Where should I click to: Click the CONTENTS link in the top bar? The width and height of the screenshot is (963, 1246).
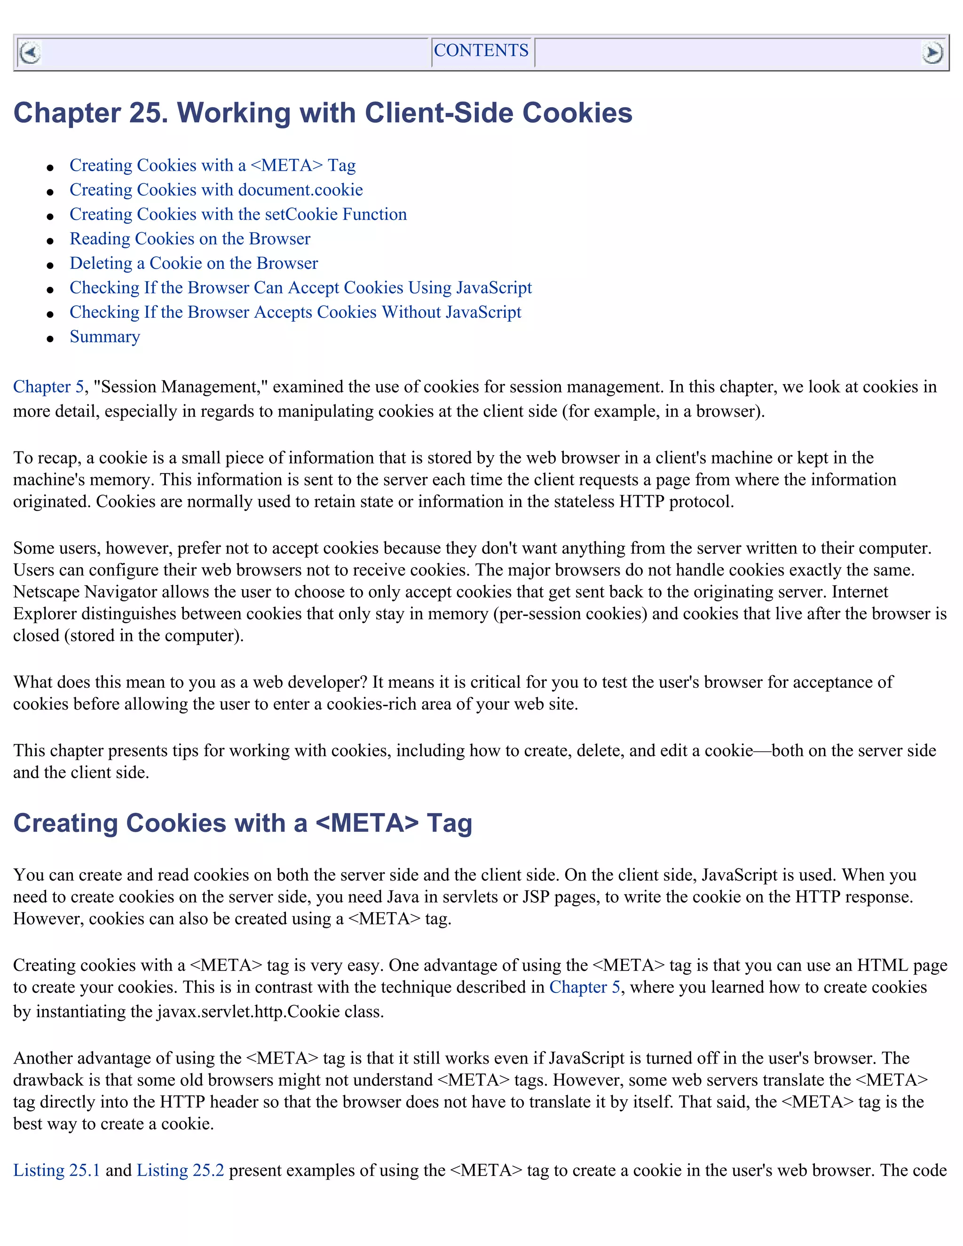[x=481, y=51]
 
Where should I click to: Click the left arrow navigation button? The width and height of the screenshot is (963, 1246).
[x=30, y=53]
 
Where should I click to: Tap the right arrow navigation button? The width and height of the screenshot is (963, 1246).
[x=931, y=53]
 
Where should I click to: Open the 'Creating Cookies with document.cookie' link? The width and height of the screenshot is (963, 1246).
[x=216, y=190]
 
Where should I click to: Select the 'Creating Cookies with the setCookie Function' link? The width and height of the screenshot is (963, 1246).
[x=238, y=214]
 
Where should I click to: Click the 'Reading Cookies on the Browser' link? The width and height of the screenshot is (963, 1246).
[x=190, y=239]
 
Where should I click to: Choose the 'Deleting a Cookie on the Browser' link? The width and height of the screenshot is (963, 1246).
[x=193, y=264]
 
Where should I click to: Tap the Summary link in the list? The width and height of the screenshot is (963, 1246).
[x=104, y=337]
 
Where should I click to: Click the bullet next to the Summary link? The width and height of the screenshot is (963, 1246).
[x=50, y=339]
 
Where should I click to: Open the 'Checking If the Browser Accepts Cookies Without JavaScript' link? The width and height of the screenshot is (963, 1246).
[x=295, y=313]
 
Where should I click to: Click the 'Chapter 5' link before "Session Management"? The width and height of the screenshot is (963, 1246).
[x=48, y=387]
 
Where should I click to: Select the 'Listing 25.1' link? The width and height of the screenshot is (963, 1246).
[x=56, y=1170]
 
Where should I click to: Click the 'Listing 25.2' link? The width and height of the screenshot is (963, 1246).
[x=180, y=1170]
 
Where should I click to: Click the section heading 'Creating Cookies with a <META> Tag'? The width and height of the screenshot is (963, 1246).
[x=243, y=823]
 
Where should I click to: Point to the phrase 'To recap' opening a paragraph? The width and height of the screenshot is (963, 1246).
[x=46, y=458]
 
